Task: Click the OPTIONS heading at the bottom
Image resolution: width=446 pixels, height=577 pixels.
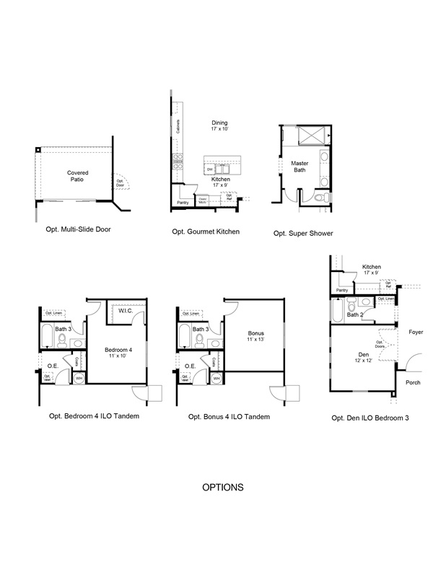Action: tap(222, 488)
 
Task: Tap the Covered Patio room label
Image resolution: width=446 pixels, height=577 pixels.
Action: tap(78, 177)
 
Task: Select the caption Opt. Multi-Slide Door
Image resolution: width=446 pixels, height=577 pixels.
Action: tap(78, 229)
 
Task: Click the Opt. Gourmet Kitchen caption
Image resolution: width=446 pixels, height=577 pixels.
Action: tap(206, 232)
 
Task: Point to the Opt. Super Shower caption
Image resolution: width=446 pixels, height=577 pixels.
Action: tap(303, 233)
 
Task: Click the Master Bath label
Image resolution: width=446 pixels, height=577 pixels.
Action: tap(299, 167)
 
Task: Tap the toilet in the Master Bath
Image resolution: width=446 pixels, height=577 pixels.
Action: tap(325, 197)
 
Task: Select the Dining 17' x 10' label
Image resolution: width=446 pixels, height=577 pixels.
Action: tap(219, 126)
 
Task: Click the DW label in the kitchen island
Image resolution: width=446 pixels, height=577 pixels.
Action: tap(210, 169)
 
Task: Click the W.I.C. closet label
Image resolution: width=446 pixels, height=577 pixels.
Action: tap(123, 312)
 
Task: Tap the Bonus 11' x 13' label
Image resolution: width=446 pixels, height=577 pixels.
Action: tap(255, 336)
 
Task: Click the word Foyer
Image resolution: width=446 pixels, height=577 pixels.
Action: tap(415, 332)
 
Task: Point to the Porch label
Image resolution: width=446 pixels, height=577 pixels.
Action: tap(413, 382)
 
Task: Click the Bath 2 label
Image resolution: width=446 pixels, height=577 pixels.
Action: tap(354, 314)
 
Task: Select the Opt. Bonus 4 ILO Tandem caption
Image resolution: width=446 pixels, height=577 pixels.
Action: tap(229, 417)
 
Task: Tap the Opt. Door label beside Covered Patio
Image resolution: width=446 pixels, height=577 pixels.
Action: tap(120, 184)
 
